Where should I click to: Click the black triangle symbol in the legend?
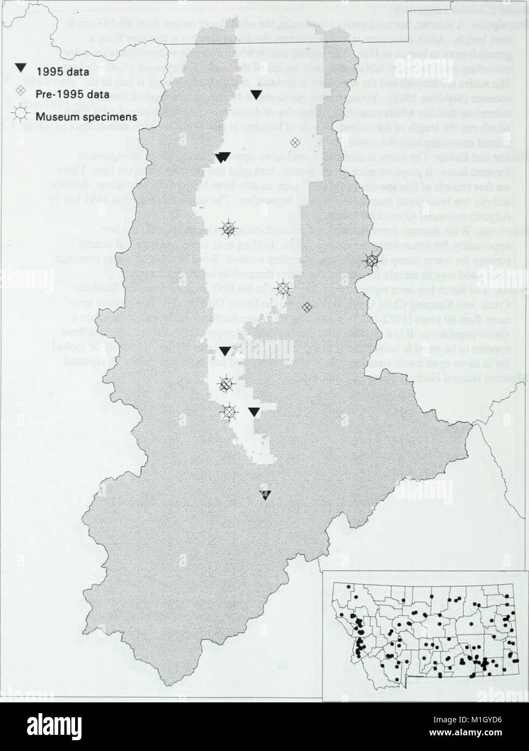(x=20, y=68)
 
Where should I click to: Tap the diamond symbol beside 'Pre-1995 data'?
(x=21, y=92)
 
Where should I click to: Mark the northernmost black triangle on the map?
(x=257, y=95)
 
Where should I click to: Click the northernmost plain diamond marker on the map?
(x=295, y=142)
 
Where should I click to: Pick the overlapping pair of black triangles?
(x=223, y=157)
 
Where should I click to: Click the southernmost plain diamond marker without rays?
(x=307, y=307)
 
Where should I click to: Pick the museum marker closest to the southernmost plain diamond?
(x=282, y=289)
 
